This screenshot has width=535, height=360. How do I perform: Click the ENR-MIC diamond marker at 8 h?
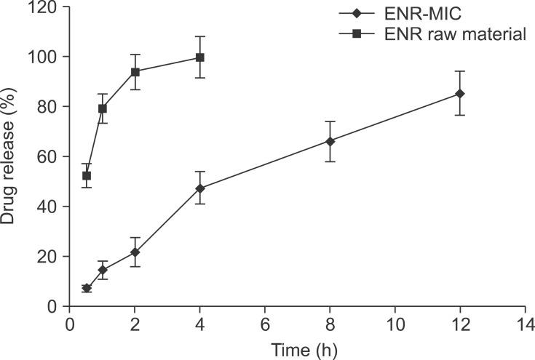click(330, 141)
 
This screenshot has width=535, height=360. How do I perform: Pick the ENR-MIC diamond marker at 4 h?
click(200, 188)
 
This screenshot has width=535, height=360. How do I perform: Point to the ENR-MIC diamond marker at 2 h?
click(135, 252)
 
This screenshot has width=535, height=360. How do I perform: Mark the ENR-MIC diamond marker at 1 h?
click(103, 270)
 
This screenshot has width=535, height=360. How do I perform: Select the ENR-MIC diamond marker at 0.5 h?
click(87, 288)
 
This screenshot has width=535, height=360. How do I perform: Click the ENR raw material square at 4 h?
click(200, 57)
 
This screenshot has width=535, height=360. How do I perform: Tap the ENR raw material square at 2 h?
click(135, 71)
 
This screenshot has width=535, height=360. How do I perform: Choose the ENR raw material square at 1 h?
click(103, 108)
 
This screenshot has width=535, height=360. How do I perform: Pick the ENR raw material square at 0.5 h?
click(87, 176)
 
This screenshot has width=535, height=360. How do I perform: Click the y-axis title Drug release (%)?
click(9, 156)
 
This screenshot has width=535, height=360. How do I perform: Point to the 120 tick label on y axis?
click(47, 7)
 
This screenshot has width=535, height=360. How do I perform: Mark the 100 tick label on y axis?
click(47, 57)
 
